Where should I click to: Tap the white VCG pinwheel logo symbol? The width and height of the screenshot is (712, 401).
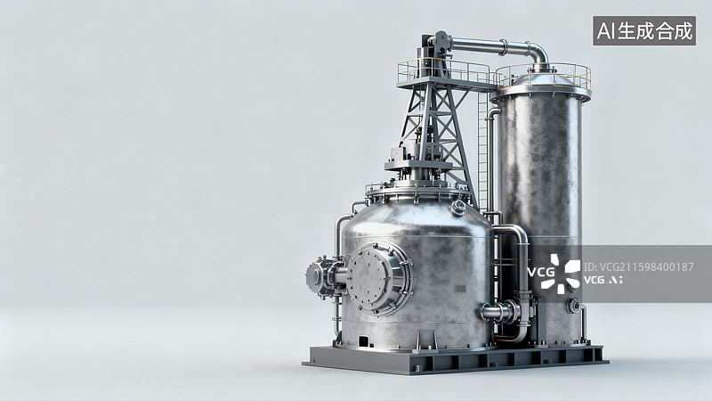(x=561, y=274)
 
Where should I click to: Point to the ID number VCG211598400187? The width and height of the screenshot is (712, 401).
(x=638, y=266)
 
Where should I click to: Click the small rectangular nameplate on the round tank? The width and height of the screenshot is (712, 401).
(x=460, y=289)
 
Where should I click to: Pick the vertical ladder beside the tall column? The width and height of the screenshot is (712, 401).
(x=482, y=150)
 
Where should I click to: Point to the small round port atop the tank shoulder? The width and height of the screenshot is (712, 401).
(x=457, y=208)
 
